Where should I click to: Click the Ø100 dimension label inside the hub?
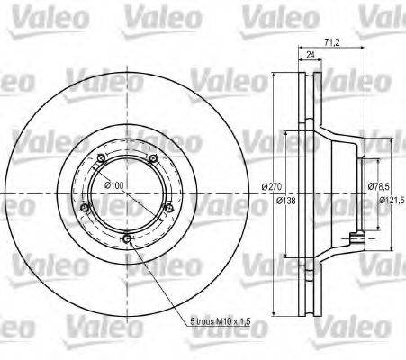[113, 185]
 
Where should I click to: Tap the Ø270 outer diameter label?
[271, 186]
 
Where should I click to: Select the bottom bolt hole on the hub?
[128, 238]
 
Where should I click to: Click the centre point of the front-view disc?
[126, 195]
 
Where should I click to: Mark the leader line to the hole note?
[162, 279]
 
